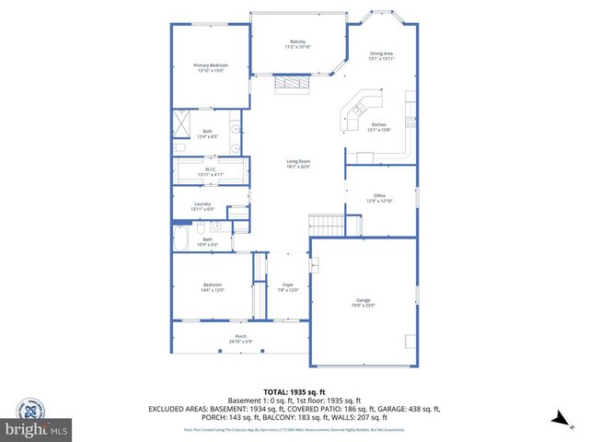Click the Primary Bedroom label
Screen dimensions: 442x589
pyautogui.click(x=210, y=65)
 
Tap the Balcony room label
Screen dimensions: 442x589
pyautogui.click(x=297, y=42)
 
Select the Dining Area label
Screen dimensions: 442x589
pyautogui.click(x=381, y=53)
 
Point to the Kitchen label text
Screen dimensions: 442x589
pyautogui.click(x=379, y=125)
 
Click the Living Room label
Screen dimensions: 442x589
pyautogui.click(x=297, y=162)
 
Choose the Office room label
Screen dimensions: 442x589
pyautogui.click(x=379, y=196)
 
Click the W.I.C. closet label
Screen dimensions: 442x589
pyautogui.click(x=210, y=169)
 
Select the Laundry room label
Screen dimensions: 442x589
pyautogui.click(x=202, y=204)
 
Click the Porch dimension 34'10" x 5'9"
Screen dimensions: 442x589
pyautogui.click(x=241, y=342)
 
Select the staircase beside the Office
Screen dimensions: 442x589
pyautogui.click(x=325, y=225)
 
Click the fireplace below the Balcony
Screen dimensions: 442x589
pyautogui.click(x=293, y=84)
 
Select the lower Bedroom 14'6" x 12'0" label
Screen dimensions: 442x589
pyautogui.click(x=213, y=287)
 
